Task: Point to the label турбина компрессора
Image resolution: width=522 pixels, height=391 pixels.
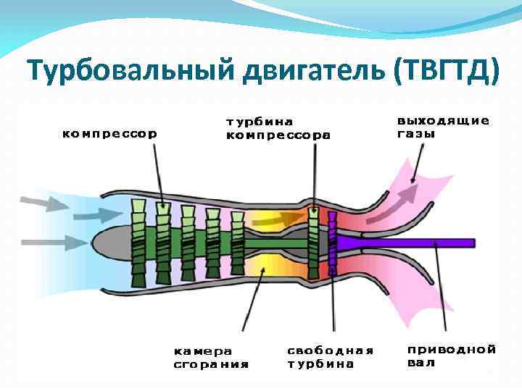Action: [x=278, y=128]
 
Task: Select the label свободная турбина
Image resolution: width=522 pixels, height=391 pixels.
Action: [x=330, y=356]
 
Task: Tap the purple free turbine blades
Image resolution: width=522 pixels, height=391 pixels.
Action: [x=333, y=243]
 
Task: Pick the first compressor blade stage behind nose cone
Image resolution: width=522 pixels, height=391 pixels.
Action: [x=138, y=243]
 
